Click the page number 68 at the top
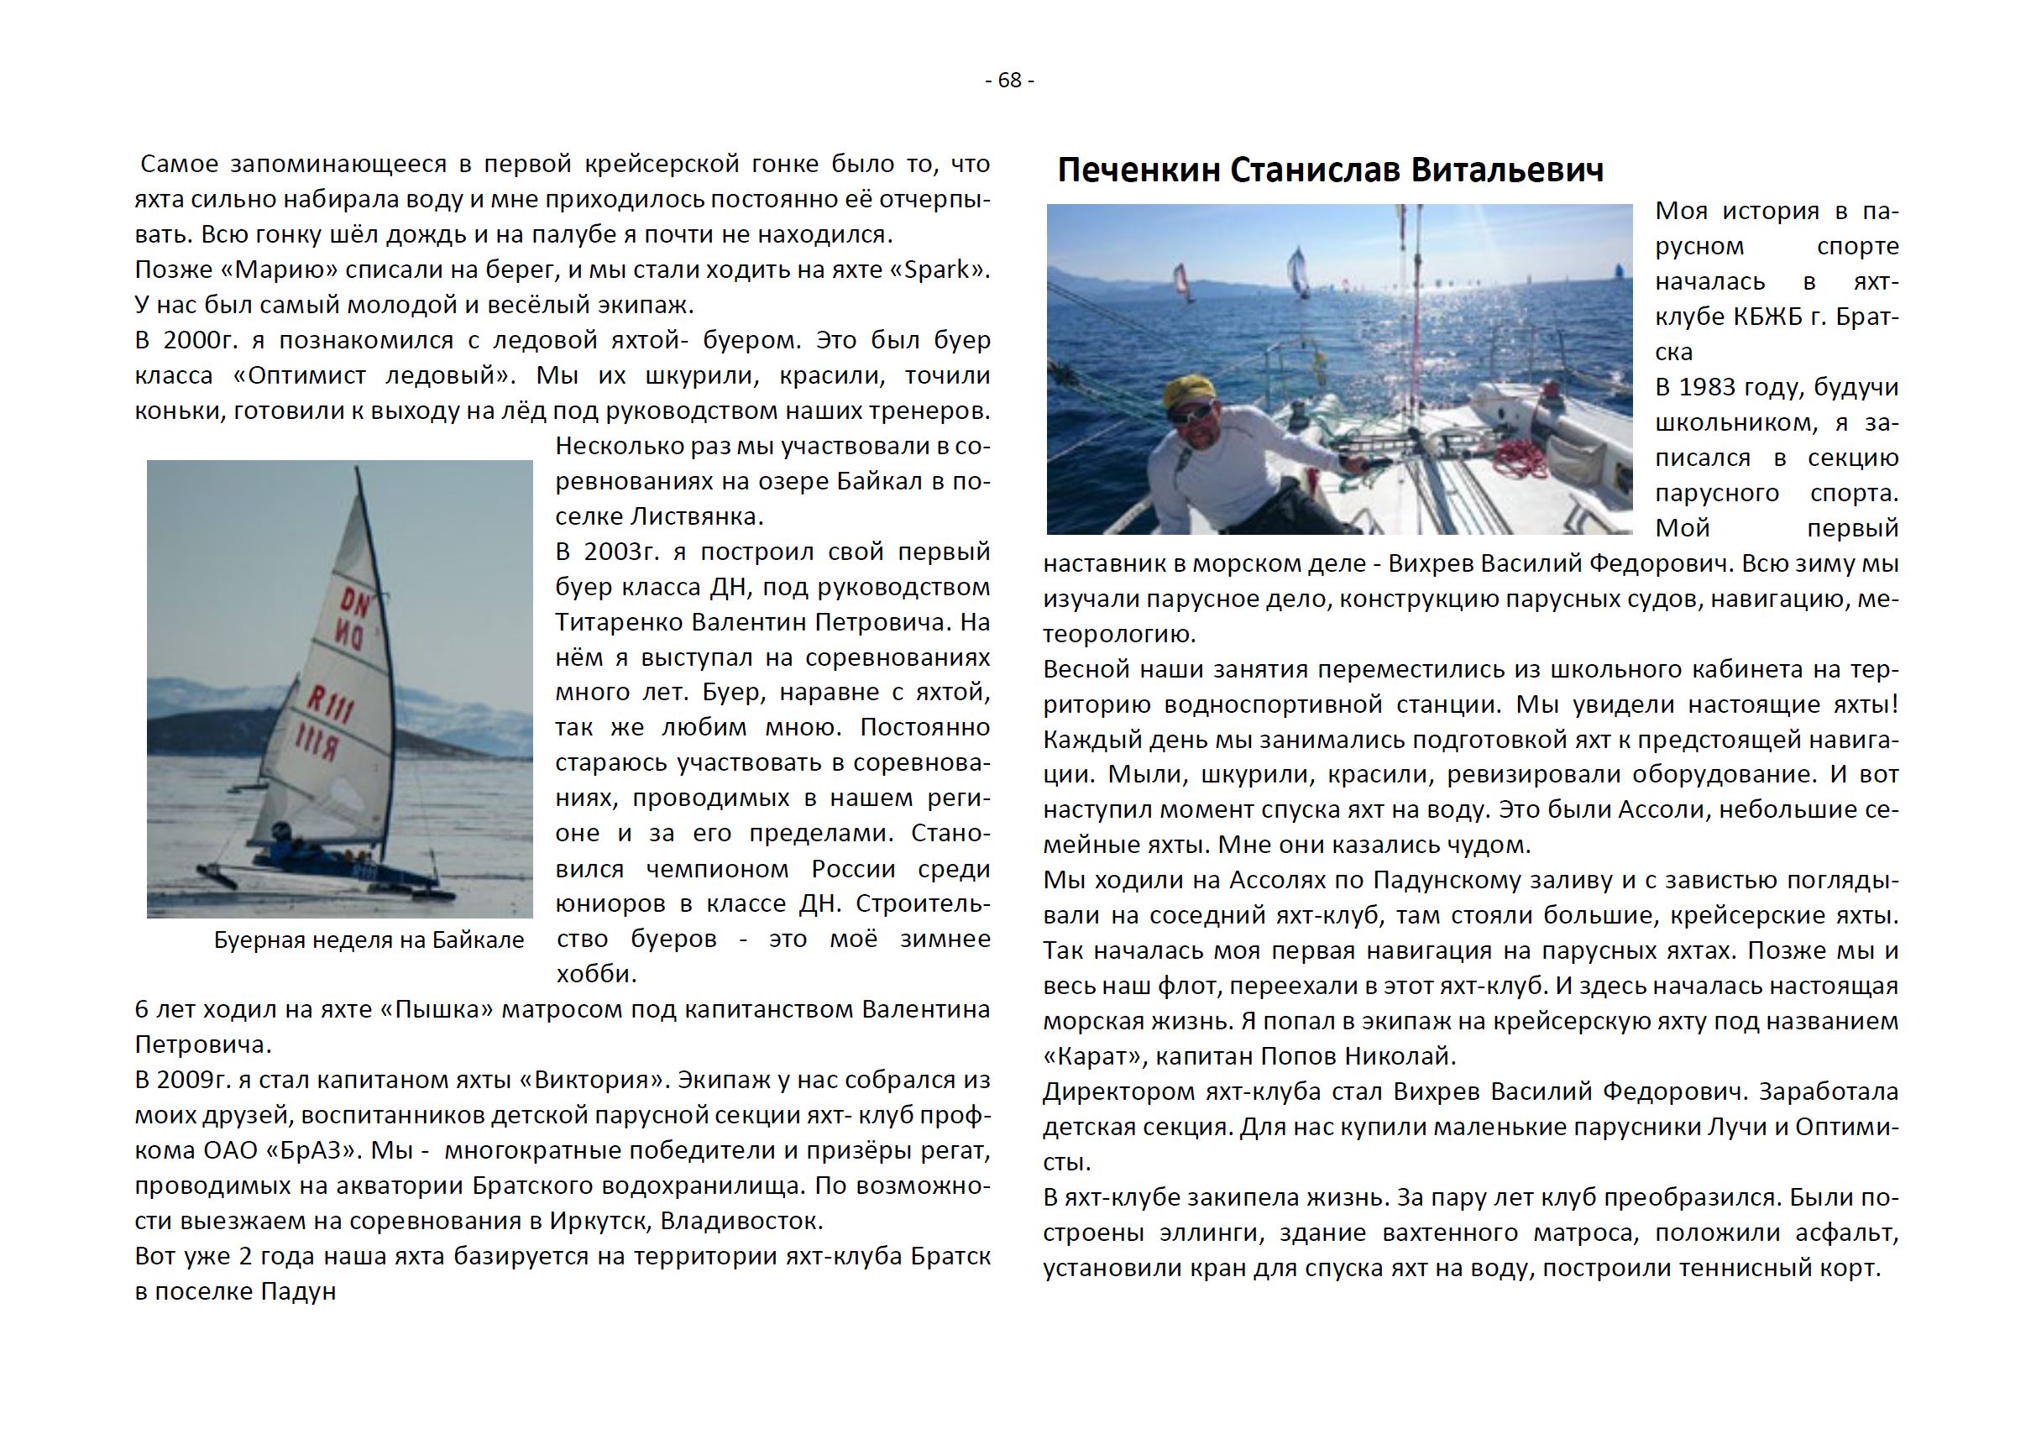click(1009, 81)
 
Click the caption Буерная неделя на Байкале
click(369, 940)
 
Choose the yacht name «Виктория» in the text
click(584, 1081)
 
